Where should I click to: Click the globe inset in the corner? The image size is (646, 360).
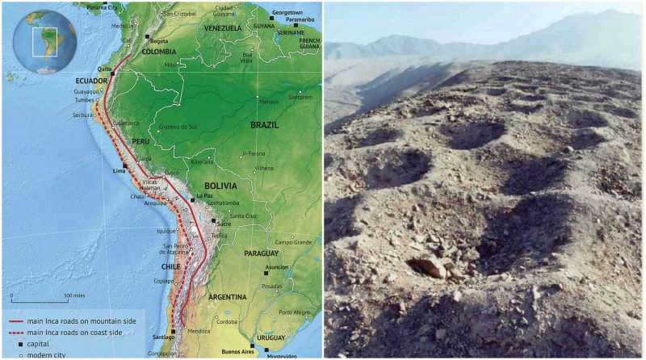pyautogui.click(x=44, y=41)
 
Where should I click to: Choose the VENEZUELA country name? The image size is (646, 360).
pyautogui.click(x=224, y=28)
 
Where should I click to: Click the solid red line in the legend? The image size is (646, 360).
pyautogui.click(x=16, y=320)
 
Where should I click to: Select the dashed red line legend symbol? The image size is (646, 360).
pyautogui.click(x=16, y=331)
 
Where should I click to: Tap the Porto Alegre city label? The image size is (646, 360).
pyautogui.click(x=295, y=312)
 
